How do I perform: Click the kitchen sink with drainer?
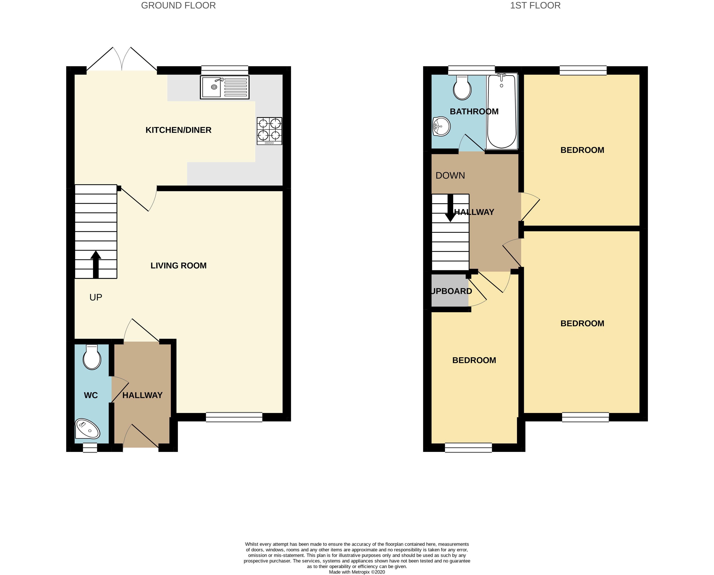click(224, 88)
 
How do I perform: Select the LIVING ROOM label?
click(178, 266)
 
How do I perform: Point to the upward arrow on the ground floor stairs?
click(96, 264)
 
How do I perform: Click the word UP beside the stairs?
click(96, 297)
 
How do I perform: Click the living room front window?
click(234, 417)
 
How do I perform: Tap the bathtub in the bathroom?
click(502, 111)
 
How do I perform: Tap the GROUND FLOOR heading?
click(178, 6)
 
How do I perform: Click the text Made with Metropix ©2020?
click(357, 572)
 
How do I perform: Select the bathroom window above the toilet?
click(471, 70)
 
